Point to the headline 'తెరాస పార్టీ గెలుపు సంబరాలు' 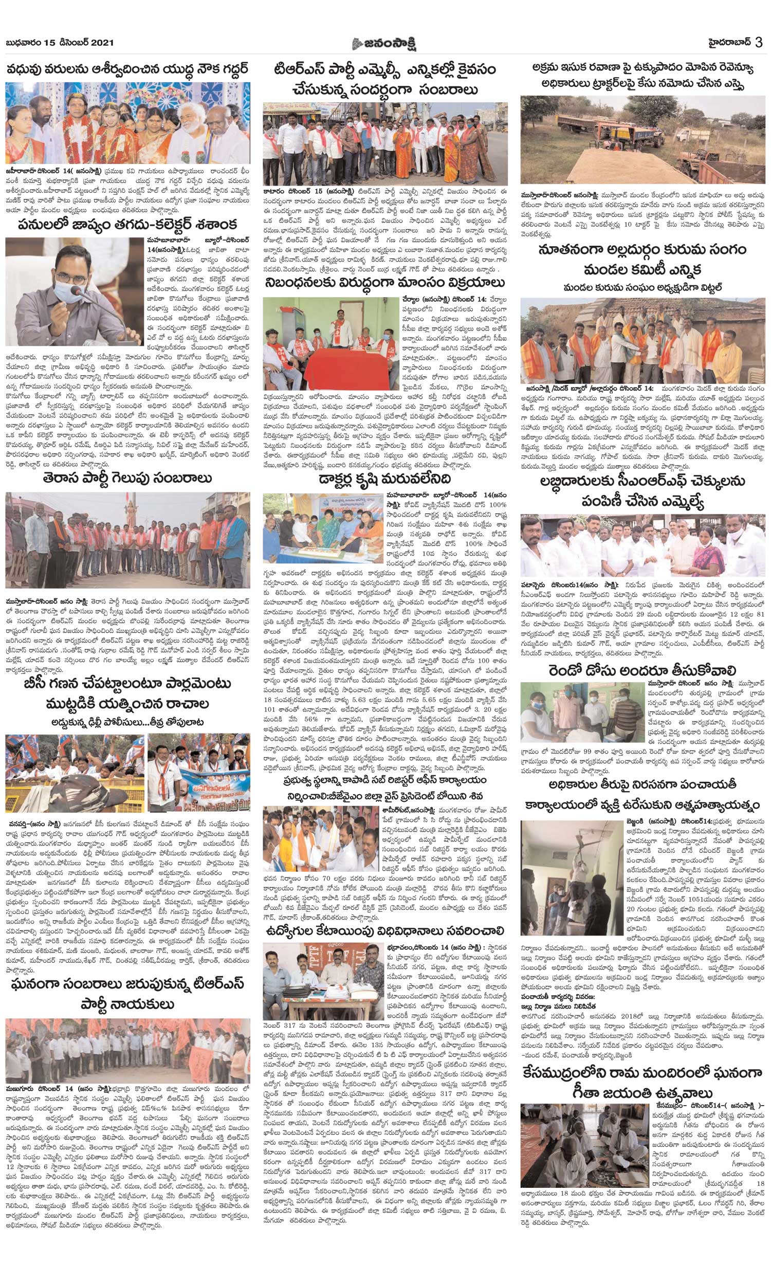pos(127,478)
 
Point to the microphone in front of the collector pos(77,293)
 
